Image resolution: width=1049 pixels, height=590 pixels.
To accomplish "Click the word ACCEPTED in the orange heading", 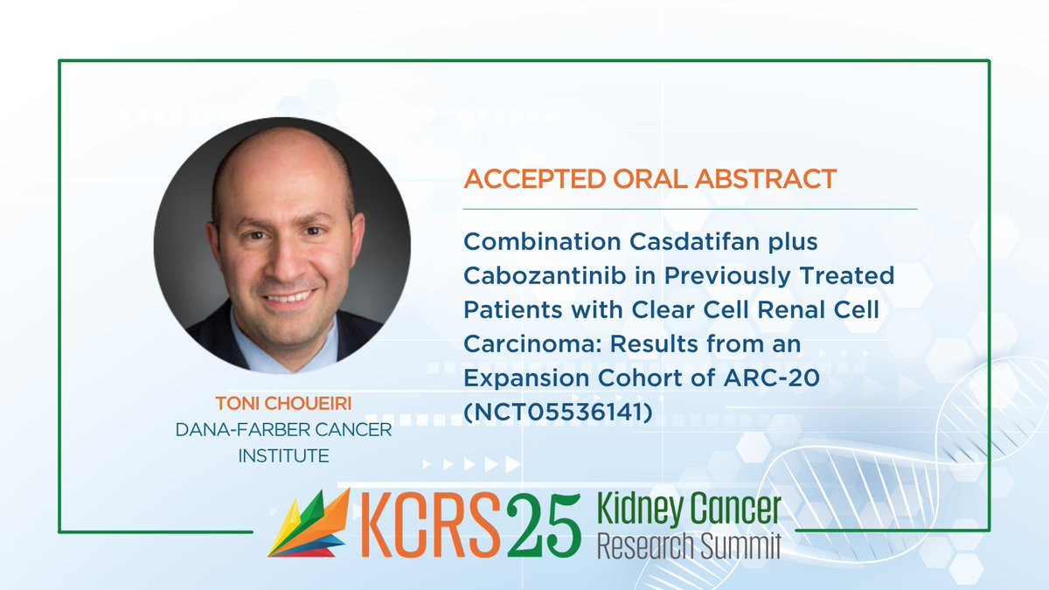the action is pos(535,179).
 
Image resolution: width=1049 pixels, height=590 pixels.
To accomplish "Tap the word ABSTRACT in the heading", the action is pos(766,179).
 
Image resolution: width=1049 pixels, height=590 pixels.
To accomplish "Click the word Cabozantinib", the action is pos(545,276).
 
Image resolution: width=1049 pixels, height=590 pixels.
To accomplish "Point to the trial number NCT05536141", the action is pos(558,412).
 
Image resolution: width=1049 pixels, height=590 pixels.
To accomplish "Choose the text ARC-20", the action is pos(771,378).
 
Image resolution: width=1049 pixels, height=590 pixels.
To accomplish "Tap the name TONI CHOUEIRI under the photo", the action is pos(283,404).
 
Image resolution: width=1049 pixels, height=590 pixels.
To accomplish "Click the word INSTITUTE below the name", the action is pos(283,456).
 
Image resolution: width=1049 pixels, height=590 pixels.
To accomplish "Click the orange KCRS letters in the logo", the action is pos(429,525).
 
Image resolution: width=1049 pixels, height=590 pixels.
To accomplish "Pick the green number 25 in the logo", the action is pos(544,525).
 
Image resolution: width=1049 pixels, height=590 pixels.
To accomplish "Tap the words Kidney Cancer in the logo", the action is pos(689,510).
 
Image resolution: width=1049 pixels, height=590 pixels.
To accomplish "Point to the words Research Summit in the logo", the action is pos(689,545).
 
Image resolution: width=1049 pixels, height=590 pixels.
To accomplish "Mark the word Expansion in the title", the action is pos(526,378).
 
